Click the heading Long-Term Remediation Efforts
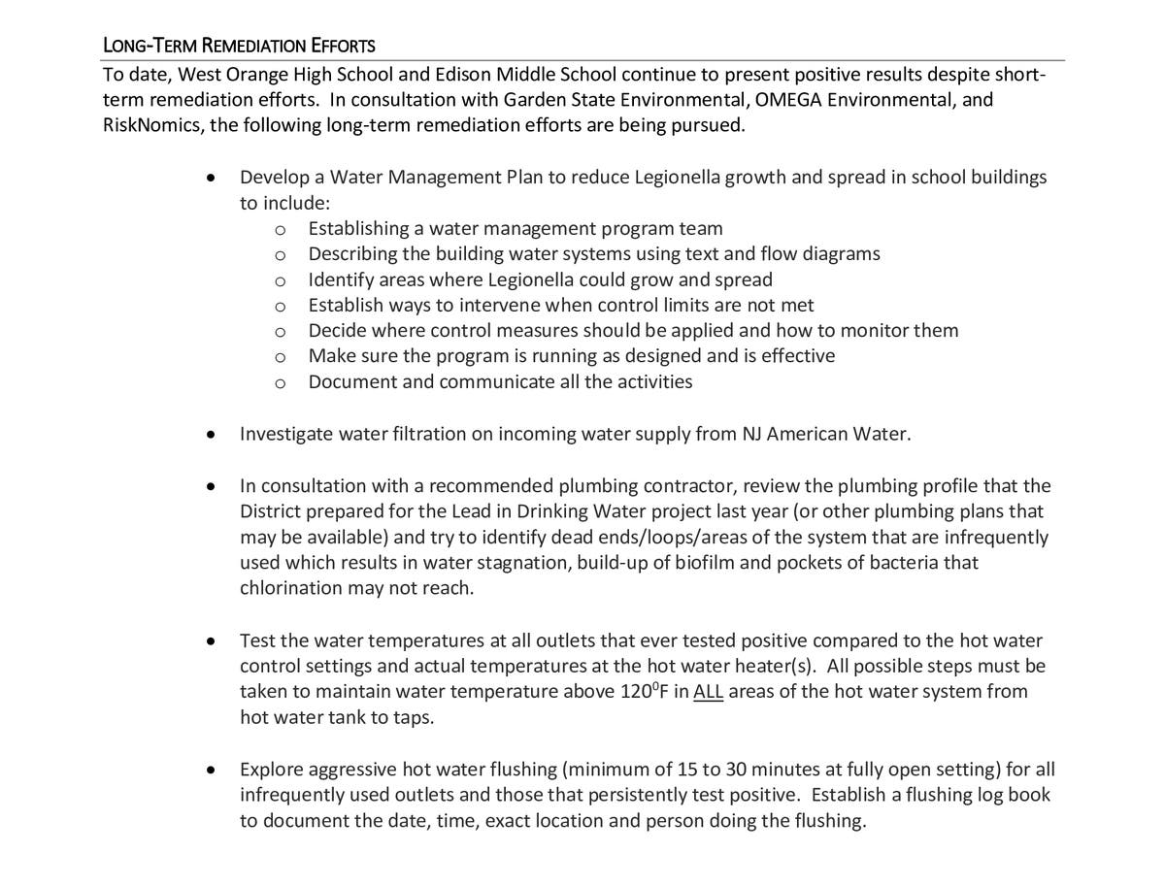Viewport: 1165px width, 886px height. click(239, 46)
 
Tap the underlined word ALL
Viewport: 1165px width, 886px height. click(709, 692)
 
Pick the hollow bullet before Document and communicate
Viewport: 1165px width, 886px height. click(281, 382)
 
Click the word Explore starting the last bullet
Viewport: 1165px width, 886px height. click(271, 770)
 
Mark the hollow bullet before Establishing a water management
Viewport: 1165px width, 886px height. click(281, 229)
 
